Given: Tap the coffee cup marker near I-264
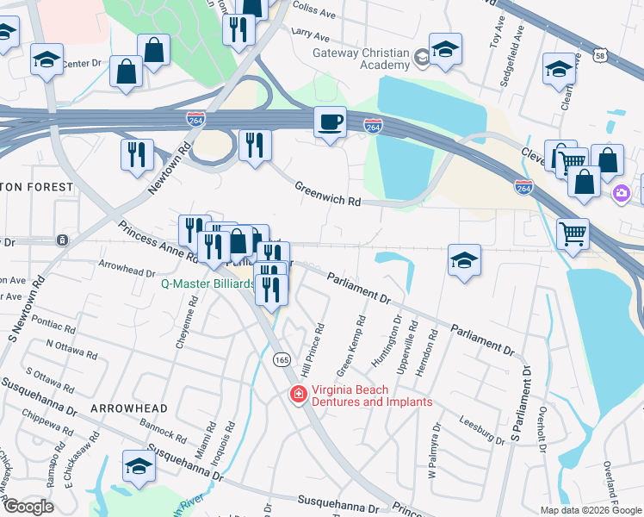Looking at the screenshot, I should pos(330,122).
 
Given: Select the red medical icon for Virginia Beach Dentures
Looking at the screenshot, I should pos(297,395).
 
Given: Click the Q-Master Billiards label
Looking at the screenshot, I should pos(207,283).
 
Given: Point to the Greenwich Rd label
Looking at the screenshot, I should pos(327,194).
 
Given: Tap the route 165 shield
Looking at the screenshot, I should pos(282,358).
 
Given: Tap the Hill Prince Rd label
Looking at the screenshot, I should pos(318,344).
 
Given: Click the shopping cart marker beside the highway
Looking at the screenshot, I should pos(573,233).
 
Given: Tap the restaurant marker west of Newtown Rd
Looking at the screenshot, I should pos(137,155).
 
